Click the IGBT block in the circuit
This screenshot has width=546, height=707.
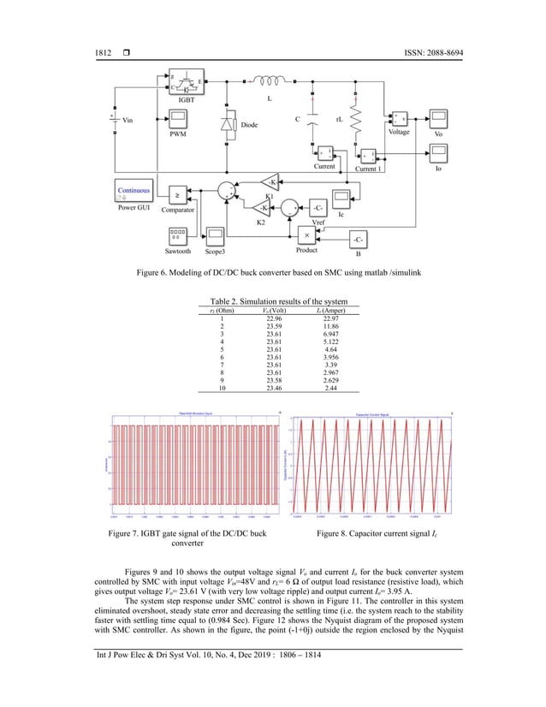[x=179, y=86]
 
